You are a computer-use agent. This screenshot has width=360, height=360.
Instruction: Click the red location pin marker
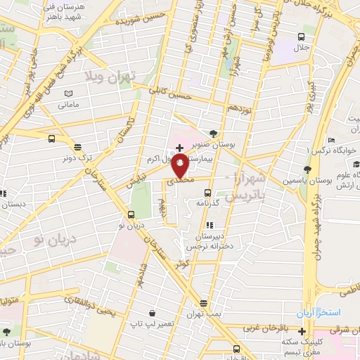pyautogui.click(x=181, y=166)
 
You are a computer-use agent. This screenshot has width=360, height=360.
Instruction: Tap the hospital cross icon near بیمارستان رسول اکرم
pyautogui.click(x=180, y=148)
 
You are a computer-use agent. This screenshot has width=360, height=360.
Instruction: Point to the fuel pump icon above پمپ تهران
pyautogui.click(x=204, y=304)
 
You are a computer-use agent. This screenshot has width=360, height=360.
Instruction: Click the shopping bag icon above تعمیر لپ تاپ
pyautogui.click(x=152, y=312)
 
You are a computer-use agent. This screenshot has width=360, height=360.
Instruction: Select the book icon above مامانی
pyautogui.click(x=67, y=94)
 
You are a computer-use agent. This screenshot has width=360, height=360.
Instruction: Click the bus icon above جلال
pyautogui.click(x=301, y=37)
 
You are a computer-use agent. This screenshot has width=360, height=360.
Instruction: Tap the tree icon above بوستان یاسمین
pyautogui.click(x=307, y=169)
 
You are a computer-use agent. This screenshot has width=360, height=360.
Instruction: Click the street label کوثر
pyautogui.click(x=183, y=262)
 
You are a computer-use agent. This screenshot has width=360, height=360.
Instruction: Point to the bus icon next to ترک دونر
pyautogui.click(x=52, y=139)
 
